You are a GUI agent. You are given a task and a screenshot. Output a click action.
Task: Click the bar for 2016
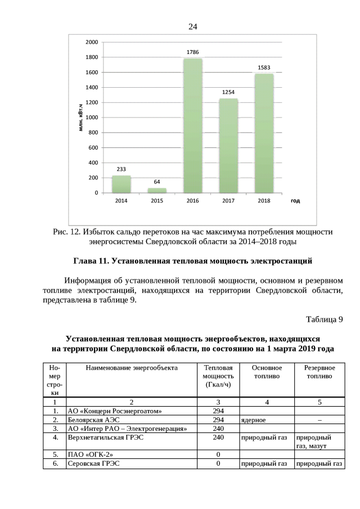coord(192,125)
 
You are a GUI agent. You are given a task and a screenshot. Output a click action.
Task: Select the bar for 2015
coord(157,190)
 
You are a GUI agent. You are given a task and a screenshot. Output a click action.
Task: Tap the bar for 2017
coord(228,146)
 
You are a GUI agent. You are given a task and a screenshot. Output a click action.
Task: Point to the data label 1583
coord(264,67)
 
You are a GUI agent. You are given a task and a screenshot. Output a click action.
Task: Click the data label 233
coord(121,169)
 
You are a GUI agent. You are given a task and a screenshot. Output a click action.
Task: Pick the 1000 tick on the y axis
coord(92,118)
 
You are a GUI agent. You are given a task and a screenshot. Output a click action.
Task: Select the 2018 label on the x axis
coord(264,201)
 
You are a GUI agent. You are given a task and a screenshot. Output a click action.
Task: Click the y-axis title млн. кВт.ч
coord(81,118)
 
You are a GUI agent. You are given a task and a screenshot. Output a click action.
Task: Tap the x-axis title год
coord(295,201)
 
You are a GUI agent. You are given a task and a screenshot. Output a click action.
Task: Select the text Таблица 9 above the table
coord(324,320)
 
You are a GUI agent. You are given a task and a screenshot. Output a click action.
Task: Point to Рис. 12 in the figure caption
coord(66,232)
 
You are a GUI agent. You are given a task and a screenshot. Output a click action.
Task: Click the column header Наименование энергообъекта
coord(131,368)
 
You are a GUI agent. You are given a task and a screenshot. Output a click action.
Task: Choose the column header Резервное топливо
coord(319,372)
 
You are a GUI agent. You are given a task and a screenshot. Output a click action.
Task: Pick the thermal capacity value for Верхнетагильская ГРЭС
coord(218,436)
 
